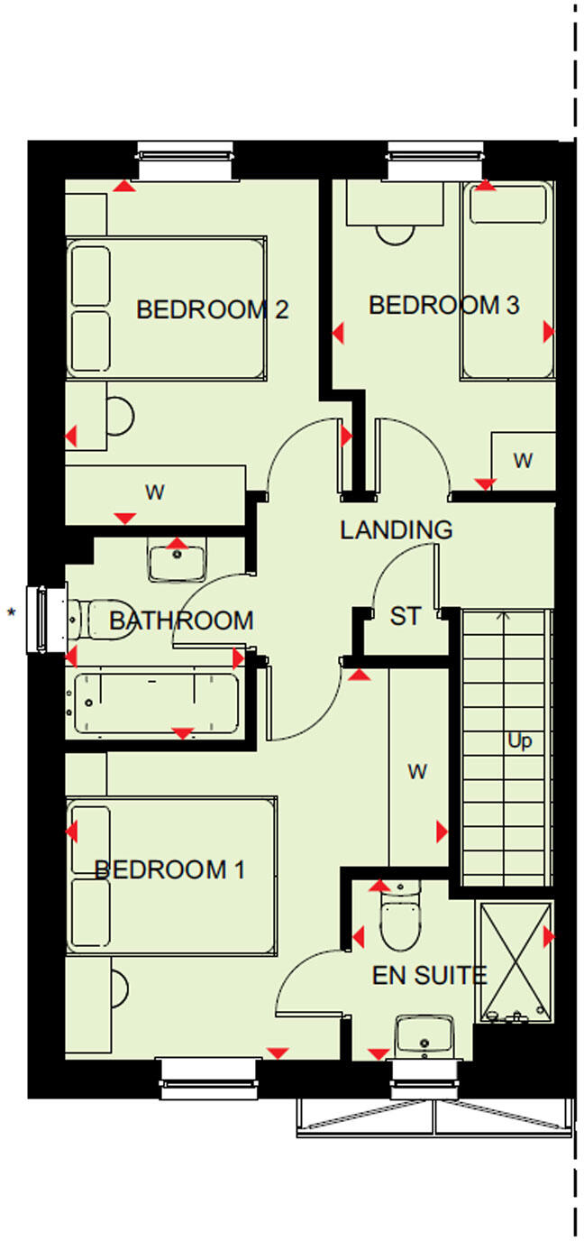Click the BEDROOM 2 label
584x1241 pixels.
tap(212, 310)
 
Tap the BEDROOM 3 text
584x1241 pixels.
tap(443, 306)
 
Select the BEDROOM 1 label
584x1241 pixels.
tap(169, 869)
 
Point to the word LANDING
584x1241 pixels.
tap(396, 530)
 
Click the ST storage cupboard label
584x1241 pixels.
tap(405, 617)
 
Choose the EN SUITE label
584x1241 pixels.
tap(429, 975)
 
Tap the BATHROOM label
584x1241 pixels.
tap(181, 620)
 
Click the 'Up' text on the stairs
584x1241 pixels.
tap(519, 741)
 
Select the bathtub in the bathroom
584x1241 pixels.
tap(155, 703)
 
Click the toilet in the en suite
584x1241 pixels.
tap(400, 920)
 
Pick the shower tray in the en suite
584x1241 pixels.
tap(515, 962)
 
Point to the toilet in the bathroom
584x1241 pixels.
tap(101, 620)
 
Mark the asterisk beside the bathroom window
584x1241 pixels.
tap(12, 613)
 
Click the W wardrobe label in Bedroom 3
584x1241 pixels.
tap(522, 461)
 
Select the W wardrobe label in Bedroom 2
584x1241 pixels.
tap(155, 492)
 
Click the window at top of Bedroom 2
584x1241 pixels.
tap(186, 161)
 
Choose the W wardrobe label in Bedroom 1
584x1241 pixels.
tap(416, 771)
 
